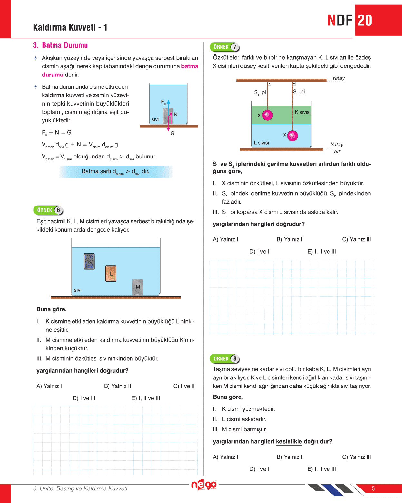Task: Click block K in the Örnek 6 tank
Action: point(89,261)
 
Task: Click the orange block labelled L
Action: point(111,273)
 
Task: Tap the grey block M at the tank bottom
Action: point(138,287)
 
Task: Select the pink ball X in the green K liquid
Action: point(267,115)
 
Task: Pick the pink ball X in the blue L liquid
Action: point(292,136)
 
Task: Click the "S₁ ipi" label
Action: point(260,93)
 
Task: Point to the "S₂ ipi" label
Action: point(299,92)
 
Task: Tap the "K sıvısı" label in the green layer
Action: point(302,112)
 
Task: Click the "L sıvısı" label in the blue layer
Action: point(261,143)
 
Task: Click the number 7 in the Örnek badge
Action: point(235,47)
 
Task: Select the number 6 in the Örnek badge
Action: point(58,210)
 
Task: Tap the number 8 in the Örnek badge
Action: point(235,359)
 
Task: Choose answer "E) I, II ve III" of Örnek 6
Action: point(146,398)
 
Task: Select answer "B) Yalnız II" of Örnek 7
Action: point(290,239)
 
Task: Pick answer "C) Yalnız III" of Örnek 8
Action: point(356,457)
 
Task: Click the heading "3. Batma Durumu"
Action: point(60,45)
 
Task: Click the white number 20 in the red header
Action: point(365,21)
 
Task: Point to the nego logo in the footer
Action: point(204,485)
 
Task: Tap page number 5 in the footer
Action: point(373,488)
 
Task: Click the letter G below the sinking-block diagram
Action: point(172,133)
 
